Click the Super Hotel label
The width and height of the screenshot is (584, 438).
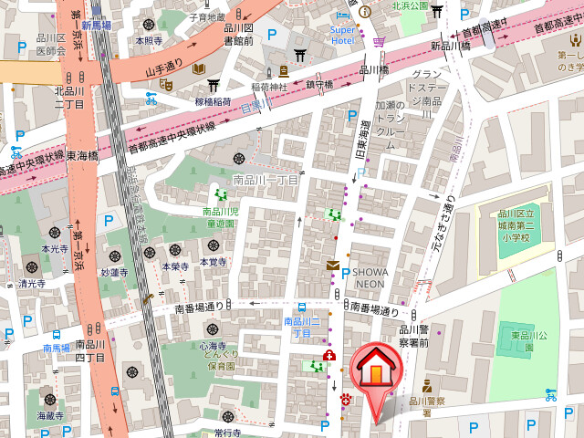[x=342, y=34]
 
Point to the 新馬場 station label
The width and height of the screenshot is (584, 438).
[x=96, y=26]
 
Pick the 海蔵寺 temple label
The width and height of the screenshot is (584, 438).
[x=51, y=416]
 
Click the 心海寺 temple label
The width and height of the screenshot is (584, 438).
[x=212, y=347]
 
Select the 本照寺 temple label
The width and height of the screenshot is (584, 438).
[x=148, y=40]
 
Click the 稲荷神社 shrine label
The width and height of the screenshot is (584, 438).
[x=271, y=87]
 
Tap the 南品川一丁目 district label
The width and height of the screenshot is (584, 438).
[x=266, y=180]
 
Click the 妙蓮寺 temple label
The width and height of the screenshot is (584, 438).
[x=114, y=272]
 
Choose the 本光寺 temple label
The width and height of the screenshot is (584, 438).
[x=55, y=248]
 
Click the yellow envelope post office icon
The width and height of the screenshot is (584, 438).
[x=332, y=265]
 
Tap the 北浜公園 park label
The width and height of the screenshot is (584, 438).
[x=410, y=5]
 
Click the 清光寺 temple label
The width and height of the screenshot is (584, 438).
[x=32, y=284]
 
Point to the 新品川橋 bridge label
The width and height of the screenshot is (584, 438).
[x=449, y=46]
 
